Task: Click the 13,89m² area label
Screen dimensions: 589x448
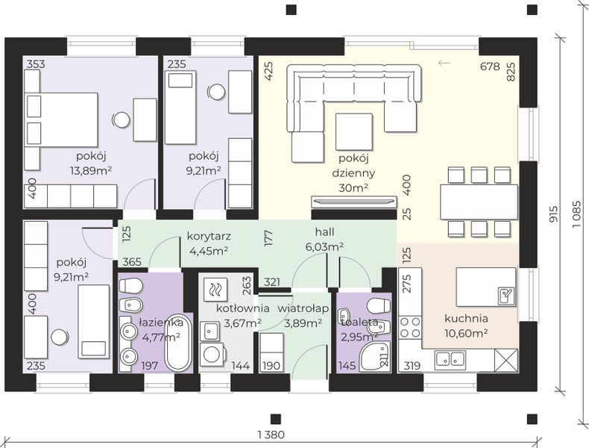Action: coord(91,171)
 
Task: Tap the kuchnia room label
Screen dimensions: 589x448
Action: coord(466,319)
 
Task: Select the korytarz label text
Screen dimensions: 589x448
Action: coord(209,237)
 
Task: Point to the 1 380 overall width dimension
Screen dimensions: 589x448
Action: coord(271,435)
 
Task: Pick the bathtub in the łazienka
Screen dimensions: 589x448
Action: coord(178,342)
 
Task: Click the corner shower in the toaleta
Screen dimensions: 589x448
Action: coord(375,356)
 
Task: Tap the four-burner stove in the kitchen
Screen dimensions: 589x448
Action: coord(410,328)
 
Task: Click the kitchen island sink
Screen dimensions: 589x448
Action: coord(506,295)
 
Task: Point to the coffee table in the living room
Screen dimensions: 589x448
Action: coord(354,131)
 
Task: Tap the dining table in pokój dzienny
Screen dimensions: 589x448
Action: coord(479,202)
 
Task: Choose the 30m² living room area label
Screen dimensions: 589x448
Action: coord(353,187)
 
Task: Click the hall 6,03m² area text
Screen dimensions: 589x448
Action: coord(324,246)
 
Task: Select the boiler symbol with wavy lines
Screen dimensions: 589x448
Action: coord(215,289)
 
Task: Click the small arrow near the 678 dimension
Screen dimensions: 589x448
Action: coord(444,63)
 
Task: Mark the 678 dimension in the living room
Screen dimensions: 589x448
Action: coord(490,66)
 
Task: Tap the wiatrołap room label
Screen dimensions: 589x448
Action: coord(303,308)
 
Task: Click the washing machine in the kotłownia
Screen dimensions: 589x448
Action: coord(212,355)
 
